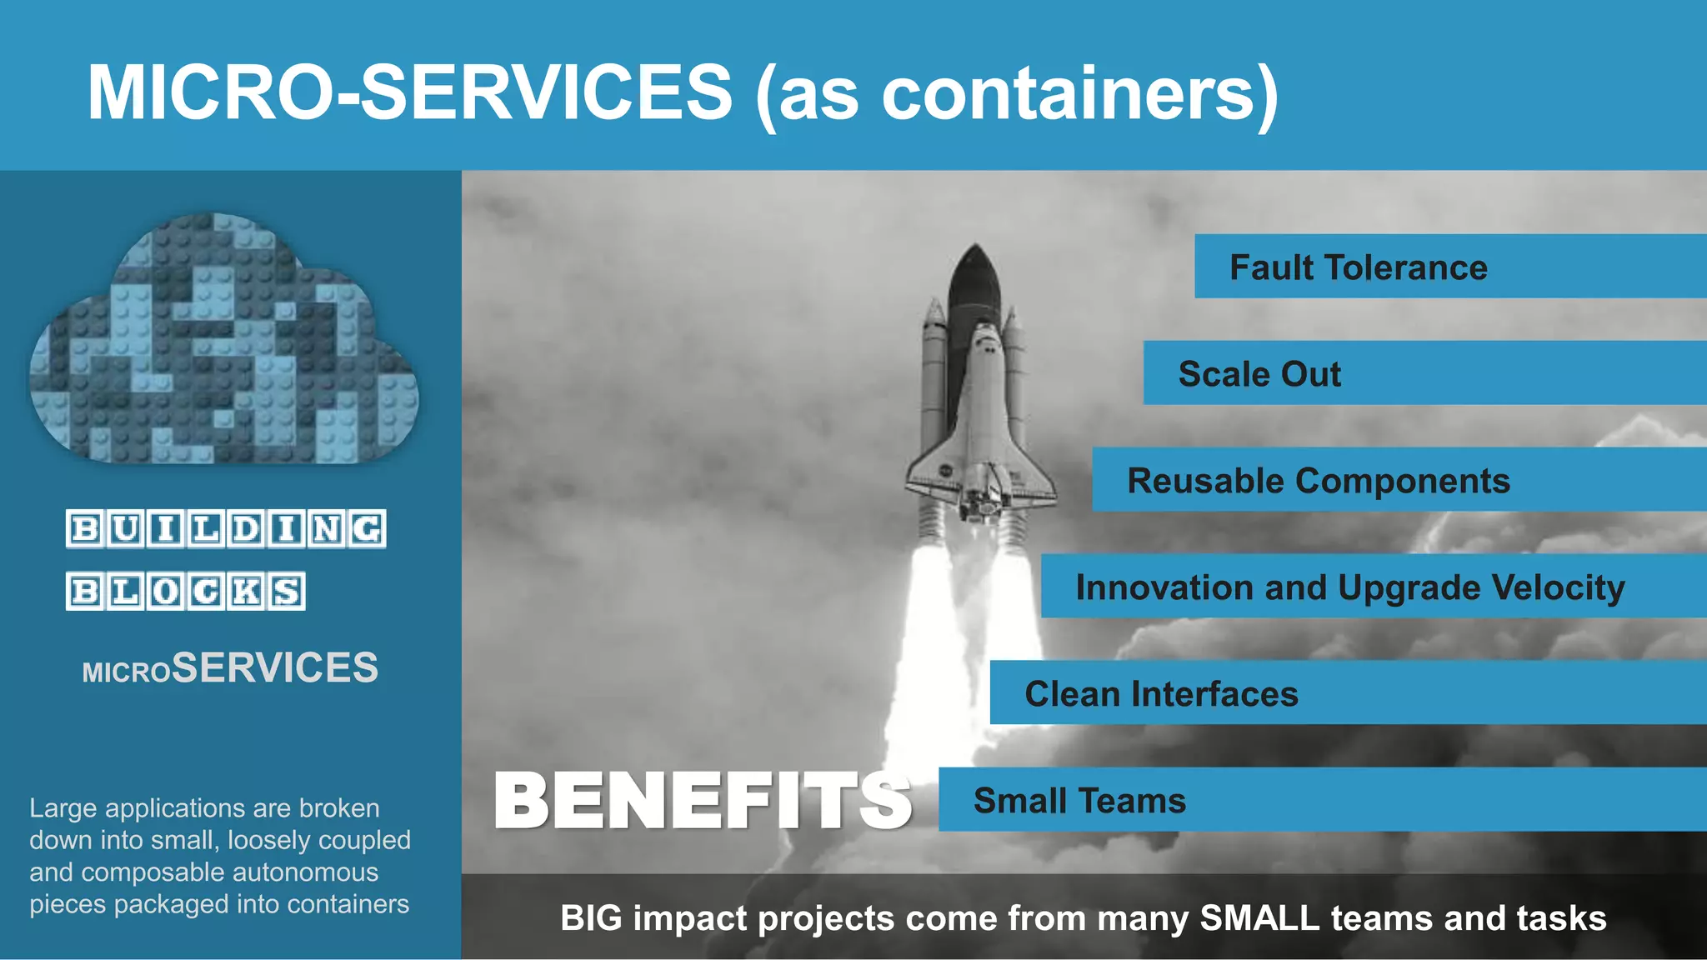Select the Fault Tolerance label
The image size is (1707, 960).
pyautogui.click(x=1358, y=267)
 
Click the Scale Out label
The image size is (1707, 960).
pyautogui.click(x=1259, y=374)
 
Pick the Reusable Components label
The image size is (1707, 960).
pyautogui.click(x=1318, y=481)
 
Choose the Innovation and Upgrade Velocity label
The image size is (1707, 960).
pyautogui.click(x=1349, y=587)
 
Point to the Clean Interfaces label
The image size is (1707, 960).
pyautogui.click(x=1160, y=694)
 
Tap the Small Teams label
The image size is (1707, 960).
pyautogui.click(x=1079, y=801)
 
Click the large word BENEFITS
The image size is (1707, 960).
pyautogui.click(x=702, y=801)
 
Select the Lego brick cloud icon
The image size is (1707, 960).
pyautogui.click(x=223, y=342)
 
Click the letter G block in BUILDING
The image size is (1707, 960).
pyautogui.click(x=367, y=529)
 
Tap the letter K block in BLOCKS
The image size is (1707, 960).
pyautogui.click(x=246, y=592)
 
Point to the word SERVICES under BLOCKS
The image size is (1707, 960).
pyautogui.click(x=275, y=668)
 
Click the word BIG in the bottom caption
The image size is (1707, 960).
pyautogui.click(x=591, y=918)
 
